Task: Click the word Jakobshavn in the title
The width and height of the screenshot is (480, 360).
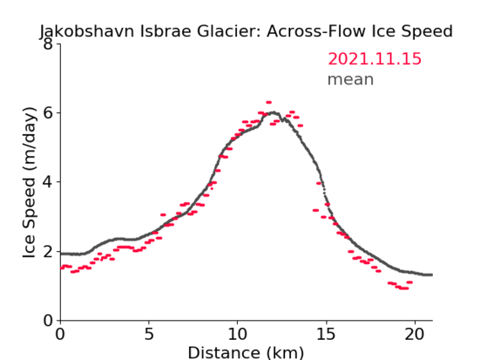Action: point(87,31)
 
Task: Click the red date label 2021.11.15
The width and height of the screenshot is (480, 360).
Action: point(375,58)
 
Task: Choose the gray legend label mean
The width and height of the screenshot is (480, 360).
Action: point(351,79)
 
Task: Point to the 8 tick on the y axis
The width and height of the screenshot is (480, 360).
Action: point(48,44)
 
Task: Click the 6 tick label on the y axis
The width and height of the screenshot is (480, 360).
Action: point(48,113)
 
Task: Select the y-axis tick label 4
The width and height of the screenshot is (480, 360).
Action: point(48,182)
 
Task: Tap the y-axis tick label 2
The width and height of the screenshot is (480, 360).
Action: point(48,251)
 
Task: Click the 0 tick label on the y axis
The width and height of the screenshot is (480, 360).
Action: point(48,320)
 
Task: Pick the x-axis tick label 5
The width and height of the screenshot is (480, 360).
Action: point(148,334)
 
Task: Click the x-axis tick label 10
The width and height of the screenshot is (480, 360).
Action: point(237,334)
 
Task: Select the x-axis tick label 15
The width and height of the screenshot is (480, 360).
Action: point(326,334)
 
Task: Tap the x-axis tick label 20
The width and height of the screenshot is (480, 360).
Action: point(414,334)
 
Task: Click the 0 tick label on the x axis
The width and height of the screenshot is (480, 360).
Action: point(60,334)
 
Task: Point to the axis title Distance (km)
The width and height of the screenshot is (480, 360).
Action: point(245,352)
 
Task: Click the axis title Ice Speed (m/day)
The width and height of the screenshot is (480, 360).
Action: point(29,183)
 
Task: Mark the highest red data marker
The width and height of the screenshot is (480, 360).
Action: point(269,103)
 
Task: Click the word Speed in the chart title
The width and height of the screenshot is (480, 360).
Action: point(427,31)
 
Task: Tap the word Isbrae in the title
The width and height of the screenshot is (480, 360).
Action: point(165,31)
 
